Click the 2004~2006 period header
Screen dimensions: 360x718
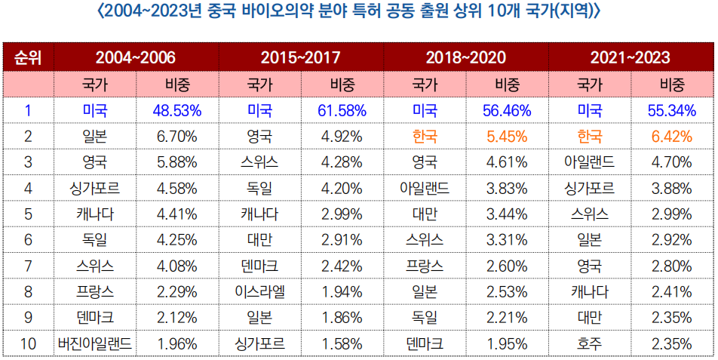(x=136, y=57)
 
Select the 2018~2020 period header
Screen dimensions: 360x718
(x=465, y=57)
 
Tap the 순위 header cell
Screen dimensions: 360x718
(x=27, y=57)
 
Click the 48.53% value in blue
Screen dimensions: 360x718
(x=176, y=110)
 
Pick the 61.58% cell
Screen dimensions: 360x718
(x=342, y=110)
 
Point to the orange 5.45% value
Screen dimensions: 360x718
(x=507, y=137)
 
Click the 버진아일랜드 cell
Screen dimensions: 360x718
(x=95, y=343)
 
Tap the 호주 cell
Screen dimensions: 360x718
(x=589, y=343)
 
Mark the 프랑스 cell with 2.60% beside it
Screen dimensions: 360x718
(x=425, y=266)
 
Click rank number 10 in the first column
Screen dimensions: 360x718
(x=27, y=343)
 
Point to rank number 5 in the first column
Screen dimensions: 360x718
(x=27, y=214)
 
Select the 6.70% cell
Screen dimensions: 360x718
(x=176, y=137)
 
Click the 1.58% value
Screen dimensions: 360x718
(x=342, y=343)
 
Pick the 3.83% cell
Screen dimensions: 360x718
(x=507, y=188)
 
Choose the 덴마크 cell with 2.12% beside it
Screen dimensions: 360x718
(x=95, y=317)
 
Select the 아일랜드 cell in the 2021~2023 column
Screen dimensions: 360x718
(x=589, y=162)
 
